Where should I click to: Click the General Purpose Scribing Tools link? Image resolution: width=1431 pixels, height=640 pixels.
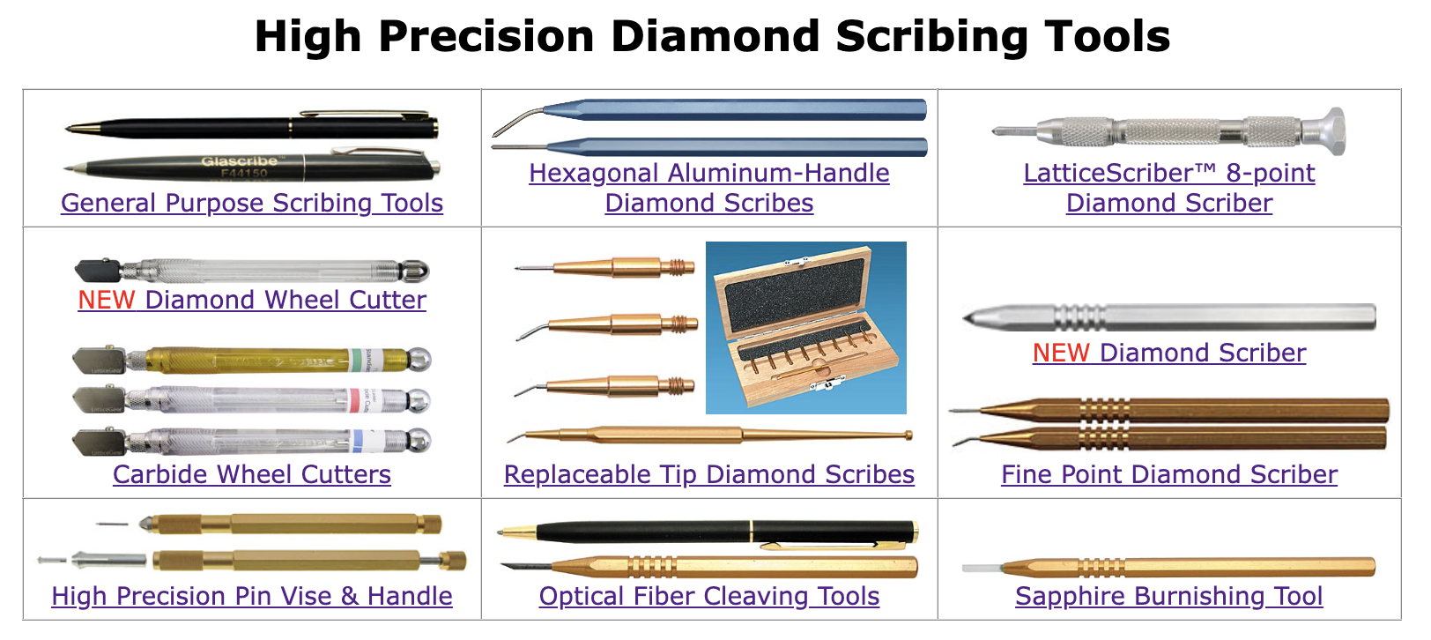click(251, 203)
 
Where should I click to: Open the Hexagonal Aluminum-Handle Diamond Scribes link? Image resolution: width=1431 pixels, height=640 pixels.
click(708, 174)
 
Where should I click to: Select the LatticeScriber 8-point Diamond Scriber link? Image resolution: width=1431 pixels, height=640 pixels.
click(1168, 174)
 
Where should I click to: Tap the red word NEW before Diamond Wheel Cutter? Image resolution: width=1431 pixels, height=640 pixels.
click(106, 300)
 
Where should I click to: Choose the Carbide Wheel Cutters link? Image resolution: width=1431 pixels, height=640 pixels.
click(251, 474)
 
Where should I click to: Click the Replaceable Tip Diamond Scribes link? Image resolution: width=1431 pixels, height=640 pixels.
click(708, 474)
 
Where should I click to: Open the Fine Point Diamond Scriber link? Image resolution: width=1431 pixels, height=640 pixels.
click(1168, 474)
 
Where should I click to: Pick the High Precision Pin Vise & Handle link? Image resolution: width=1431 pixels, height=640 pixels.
click(251, 596)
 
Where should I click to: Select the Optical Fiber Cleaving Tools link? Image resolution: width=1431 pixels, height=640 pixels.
click(708, 596)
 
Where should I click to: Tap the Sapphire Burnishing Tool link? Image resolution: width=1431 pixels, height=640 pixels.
click(1168, 596)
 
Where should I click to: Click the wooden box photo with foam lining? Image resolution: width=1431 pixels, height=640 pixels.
click(805, 327)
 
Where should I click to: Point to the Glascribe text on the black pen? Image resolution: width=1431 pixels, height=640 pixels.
click(239, 161)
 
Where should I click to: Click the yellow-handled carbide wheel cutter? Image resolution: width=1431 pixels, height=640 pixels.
click(251, 360)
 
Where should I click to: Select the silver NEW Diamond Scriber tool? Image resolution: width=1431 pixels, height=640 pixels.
click(1168, 316)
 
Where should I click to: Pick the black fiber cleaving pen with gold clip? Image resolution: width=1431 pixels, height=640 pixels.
click(708, 532)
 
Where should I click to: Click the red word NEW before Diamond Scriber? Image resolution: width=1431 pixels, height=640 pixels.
click(1061, 353)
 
